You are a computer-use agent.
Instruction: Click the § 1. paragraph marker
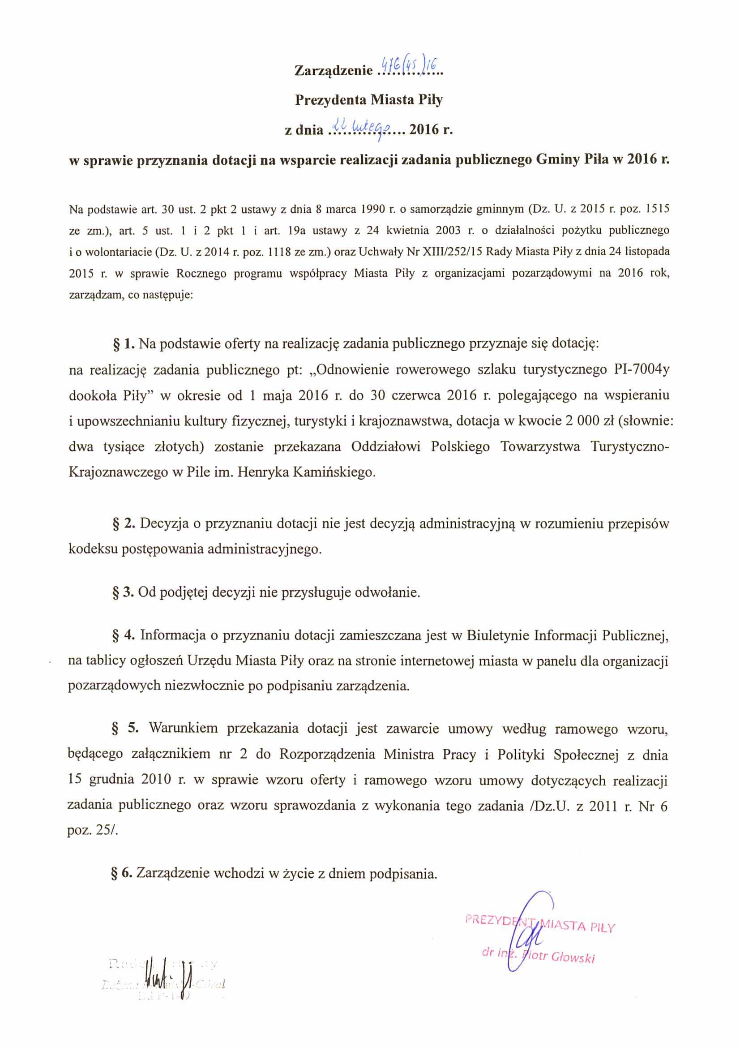click(x=123, y=344)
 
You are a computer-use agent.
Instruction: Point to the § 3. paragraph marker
click(x=123, y=592)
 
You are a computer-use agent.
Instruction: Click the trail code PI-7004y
click(x=638, y=369)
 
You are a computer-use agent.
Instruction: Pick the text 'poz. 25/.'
click(x=93, y=830)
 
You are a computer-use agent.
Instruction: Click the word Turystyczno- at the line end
click(x=630, y=446)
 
